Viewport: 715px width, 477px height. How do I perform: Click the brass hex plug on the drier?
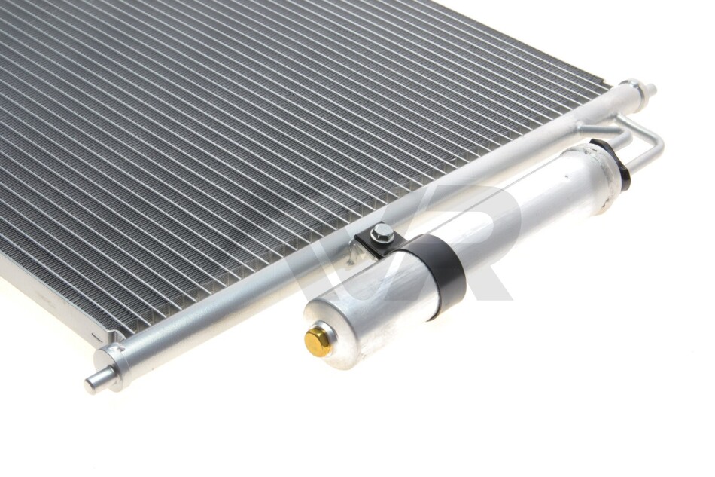(318, 340)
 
